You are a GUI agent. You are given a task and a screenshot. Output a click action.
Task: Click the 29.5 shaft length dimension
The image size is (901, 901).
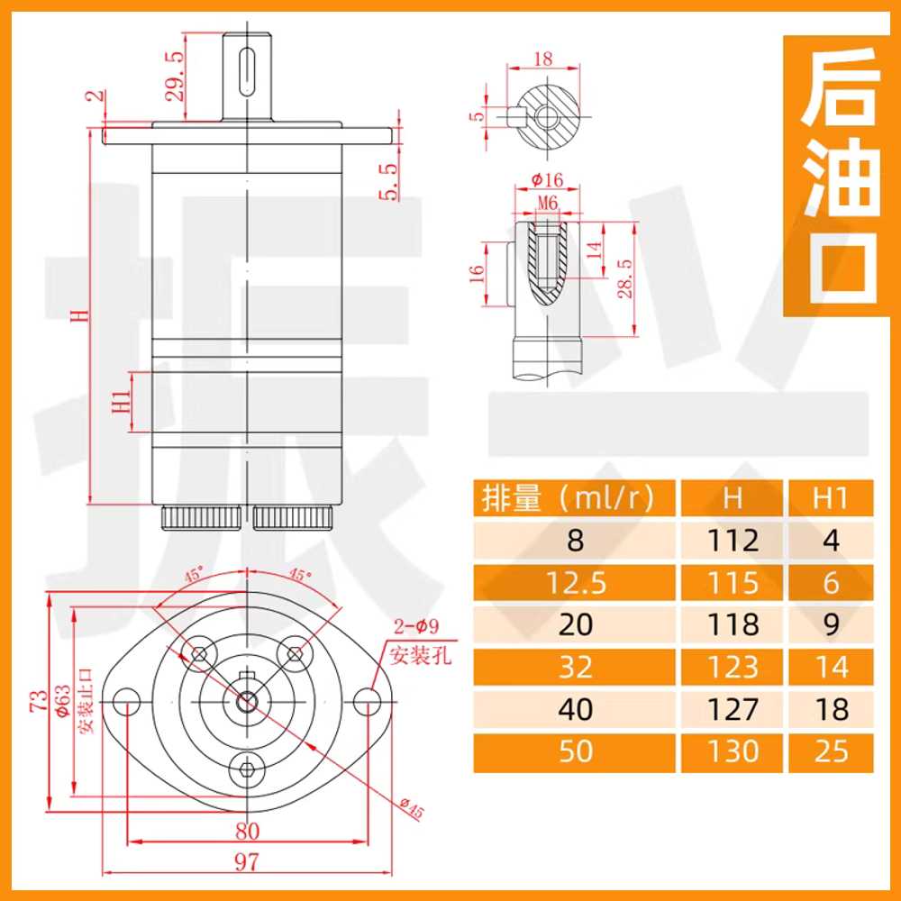176,76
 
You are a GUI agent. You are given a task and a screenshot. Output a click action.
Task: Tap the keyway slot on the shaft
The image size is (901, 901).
247,70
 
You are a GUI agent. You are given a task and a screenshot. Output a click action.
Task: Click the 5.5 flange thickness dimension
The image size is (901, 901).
389,181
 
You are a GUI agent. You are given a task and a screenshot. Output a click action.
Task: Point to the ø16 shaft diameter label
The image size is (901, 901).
547,180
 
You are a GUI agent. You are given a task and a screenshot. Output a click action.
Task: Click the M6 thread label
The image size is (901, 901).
548,203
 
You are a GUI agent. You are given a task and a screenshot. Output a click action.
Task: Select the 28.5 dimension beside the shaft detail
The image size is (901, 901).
625,278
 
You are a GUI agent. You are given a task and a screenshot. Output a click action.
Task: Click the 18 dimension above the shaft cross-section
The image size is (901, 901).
543,59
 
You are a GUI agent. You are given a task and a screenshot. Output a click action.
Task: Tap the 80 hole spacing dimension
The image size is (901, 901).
247,831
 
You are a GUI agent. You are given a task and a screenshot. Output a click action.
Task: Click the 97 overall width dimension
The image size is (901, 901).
247,861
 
